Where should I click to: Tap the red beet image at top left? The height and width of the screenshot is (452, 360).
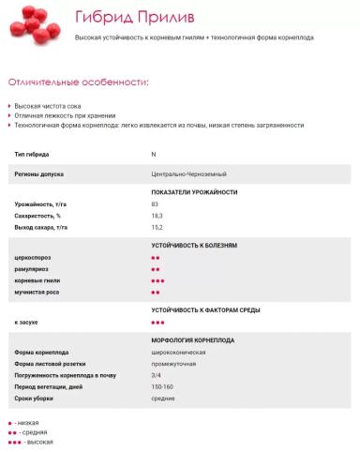pyautogui.click(x=33, y=23)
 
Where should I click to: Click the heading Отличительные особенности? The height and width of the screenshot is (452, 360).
pyautogui.click(x=78, y=83)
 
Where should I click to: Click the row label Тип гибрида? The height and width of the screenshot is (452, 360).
pyautogui.click(x=33, y=153)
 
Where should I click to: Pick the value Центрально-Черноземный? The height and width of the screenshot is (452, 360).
pyautogui.click(x=187, y=173)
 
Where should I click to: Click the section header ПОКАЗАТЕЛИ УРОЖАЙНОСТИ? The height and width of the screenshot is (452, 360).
pyautogui.click(x=194, y=192)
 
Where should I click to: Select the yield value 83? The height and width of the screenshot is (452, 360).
pyautogui.click(x=155, y=203)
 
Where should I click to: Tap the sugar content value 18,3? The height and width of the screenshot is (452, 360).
pyautogui.click(x=157, y=216)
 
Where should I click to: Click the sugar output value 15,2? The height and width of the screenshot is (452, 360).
pyautogui.click(x=157, y=227)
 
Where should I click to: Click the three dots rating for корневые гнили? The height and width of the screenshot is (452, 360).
pyautogui.click(x=157, y=280)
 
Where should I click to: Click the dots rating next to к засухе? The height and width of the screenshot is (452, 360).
pyautogui.click(x=157, y=322)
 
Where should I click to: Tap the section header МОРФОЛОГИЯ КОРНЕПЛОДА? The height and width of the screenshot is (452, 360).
pyautogui.click(x=193, y=340)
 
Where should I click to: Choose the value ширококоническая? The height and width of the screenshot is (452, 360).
pyautogui.click(x=173, y=353)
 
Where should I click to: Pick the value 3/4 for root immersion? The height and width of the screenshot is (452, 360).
pyautogui.click(x=156, y=375)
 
